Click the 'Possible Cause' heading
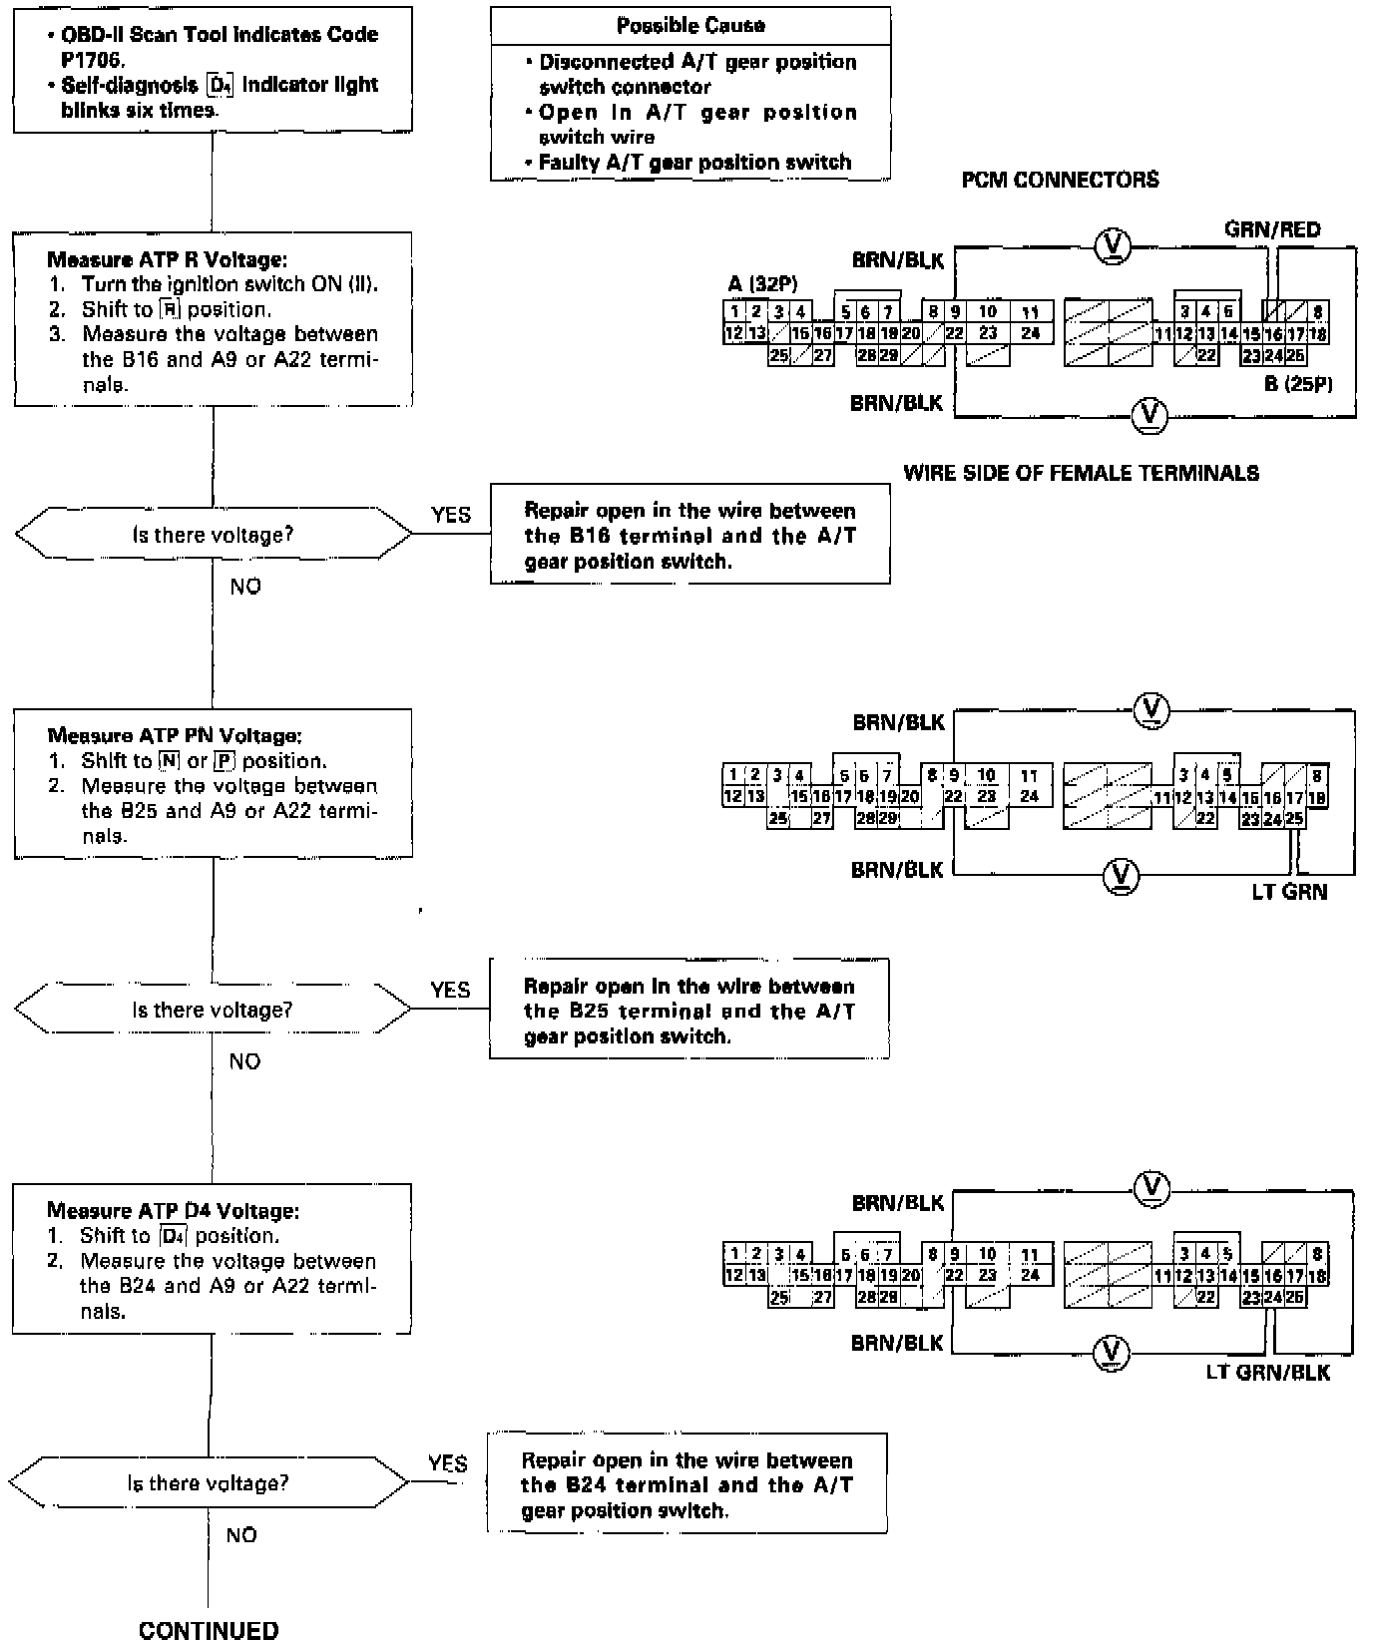coord(690,25)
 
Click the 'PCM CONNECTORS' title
coord(1060,180)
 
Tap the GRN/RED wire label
coord(1271,229)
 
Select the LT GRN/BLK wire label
coord(1267,1372)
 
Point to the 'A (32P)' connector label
coord(762,284)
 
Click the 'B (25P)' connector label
coord(1298,384)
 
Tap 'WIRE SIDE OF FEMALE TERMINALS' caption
coord(1081,473)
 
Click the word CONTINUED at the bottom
coord(209,1630)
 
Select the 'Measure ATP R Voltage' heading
coord(168,259)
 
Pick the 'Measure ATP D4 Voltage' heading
coord(173,1210)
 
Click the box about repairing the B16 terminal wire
coord(689,535)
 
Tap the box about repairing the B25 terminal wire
coord(688,1010)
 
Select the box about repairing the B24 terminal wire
coord(686,1484)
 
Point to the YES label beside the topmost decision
coord(451,515)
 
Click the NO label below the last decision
coord(241,1535)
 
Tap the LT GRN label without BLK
coord(1289,892)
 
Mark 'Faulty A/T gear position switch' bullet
coord(694,162)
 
